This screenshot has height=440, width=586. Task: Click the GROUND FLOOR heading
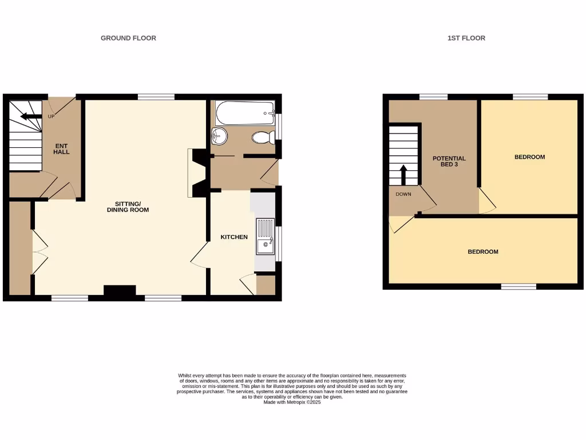pos(128,38)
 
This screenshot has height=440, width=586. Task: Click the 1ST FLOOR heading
pos(466,38)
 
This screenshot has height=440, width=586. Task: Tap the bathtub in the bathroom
pos(245,113)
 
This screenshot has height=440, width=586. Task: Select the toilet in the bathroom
pos(262,137)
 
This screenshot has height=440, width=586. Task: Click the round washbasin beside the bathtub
pos(219,136)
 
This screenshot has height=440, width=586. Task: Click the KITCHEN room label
pos(235,237)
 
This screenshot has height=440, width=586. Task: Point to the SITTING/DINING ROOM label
pos(128,207)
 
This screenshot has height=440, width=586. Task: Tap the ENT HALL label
pos(61,148)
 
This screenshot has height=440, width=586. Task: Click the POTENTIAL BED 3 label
pos(449,161)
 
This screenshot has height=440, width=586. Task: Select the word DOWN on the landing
pos(403,194)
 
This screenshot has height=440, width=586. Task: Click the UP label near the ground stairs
pos(51,117)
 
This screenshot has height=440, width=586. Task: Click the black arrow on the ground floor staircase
pos(31,117)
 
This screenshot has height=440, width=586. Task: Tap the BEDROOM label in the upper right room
pos(529,157)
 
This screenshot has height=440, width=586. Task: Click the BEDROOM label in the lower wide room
pos(483,252)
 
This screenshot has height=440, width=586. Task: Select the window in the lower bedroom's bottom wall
pos(519,286)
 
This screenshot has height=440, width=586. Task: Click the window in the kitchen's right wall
pos(279,244)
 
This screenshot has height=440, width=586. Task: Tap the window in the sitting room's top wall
pos(156,97)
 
